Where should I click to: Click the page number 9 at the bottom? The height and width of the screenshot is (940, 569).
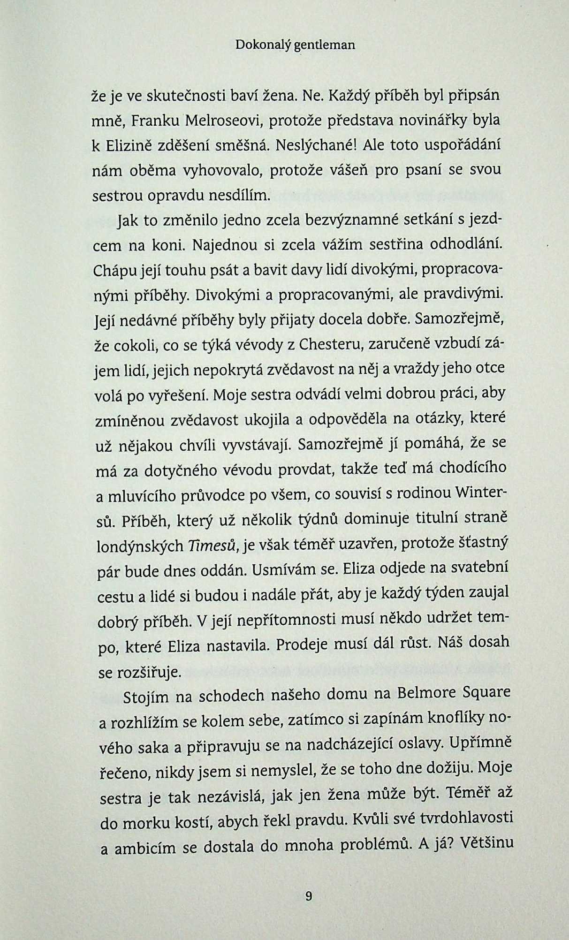(308, 896)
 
